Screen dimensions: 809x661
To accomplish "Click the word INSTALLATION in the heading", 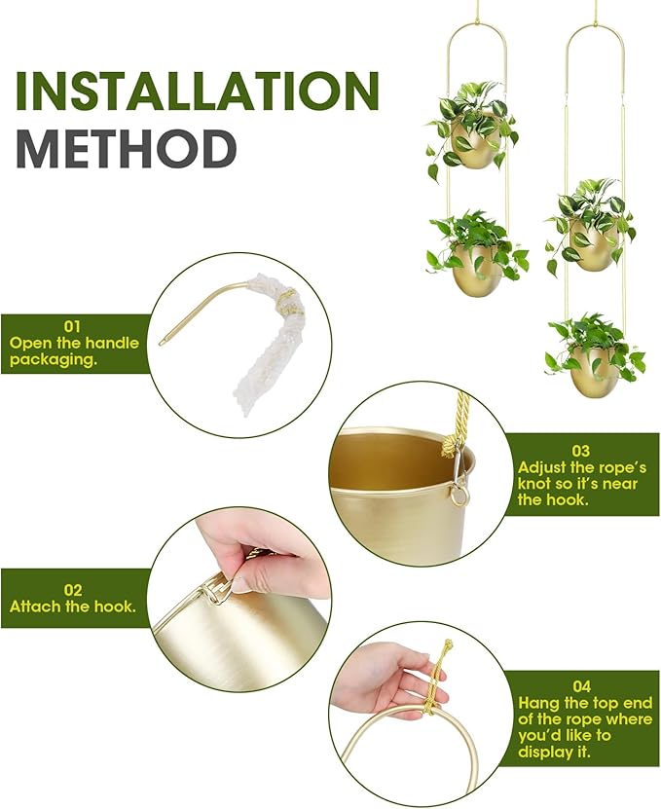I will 196,91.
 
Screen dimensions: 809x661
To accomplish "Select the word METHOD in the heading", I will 127,148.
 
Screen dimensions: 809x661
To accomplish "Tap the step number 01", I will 74,326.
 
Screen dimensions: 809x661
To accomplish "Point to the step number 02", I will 74,589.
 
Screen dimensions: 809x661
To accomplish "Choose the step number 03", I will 580,451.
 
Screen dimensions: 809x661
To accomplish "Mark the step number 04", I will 580,685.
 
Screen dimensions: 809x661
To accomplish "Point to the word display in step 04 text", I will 541,752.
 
